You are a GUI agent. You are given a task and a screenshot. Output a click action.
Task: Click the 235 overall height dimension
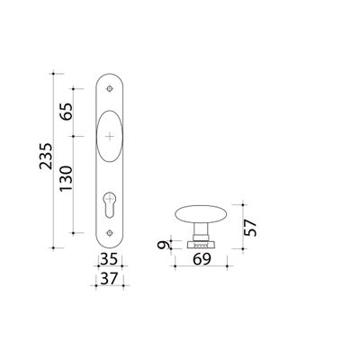[46, 157]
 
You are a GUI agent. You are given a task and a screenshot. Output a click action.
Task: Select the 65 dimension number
[66, 112]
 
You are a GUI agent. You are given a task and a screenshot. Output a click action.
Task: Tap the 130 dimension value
[66, 178]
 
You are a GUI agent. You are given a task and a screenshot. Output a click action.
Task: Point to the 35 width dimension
[109, 259]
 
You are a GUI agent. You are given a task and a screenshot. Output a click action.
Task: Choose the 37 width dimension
[109, 279]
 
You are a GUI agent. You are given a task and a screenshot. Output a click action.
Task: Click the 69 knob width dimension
[202, 259]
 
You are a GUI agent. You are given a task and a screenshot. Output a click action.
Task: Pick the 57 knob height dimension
[250, 228]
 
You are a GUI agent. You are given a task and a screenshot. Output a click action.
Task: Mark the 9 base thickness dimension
[163, 245]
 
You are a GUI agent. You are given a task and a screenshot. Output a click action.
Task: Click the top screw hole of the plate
[110, 89]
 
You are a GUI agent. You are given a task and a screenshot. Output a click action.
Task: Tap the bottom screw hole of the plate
[110, 233]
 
